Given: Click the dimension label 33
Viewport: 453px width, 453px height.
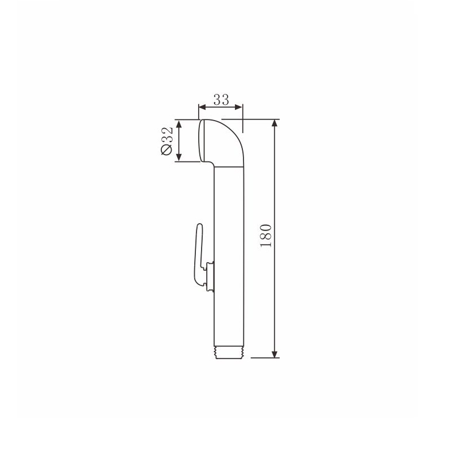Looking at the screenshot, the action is pos(221,100).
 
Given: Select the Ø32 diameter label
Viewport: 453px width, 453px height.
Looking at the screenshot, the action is pos(167,140).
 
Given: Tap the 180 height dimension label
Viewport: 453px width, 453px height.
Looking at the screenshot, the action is pos(266,236).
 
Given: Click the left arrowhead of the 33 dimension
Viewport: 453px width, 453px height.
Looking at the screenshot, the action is pos(202,108).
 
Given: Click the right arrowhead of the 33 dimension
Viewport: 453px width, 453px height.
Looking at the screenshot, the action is pos(239,108).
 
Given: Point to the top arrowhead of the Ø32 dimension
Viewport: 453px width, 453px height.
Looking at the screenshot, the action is pos(179,124).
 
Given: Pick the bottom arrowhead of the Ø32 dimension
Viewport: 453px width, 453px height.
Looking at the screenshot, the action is pos(179,157).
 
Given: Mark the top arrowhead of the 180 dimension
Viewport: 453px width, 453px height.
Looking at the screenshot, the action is pos(275,123).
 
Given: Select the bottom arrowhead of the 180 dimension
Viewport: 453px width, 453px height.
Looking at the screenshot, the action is pos(275,353).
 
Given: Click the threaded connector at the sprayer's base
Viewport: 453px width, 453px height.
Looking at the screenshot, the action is pos(229,352).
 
